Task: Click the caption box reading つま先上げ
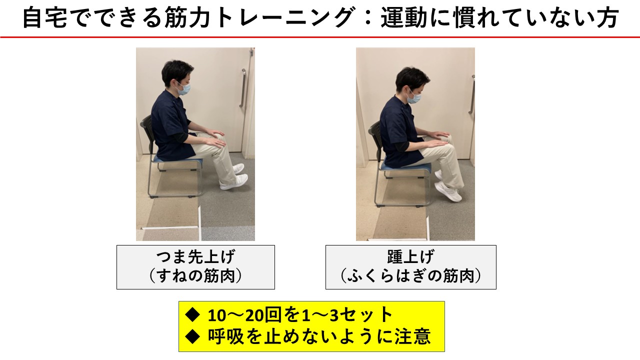point(195,267)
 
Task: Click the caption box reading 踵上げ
point(411,267)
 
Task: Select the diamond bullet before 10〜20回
point(193,315)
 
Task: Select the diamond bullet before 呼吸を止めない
point(193,336)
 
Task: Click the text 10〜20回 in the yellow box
point(245,315)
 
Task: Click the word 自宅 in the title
point(45,17)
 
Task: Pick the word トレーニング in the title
point(285,17)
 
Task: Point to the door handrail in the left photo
point(243,88)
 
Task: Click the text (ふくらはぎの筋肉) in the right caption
point(411,276)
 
